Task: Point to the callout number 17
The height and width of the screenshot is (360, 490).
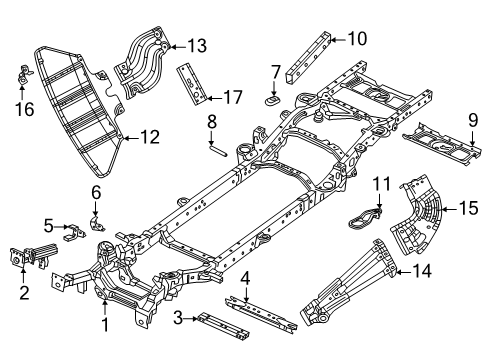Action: click(231, 97)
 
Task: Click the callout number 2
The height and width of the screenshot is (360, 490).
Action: click(22, 294)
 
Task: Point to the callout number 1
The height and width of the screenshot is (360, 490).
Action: click(103, 326)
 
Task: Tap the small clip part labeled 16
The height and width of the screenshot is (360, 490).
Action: click(21, 73)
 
